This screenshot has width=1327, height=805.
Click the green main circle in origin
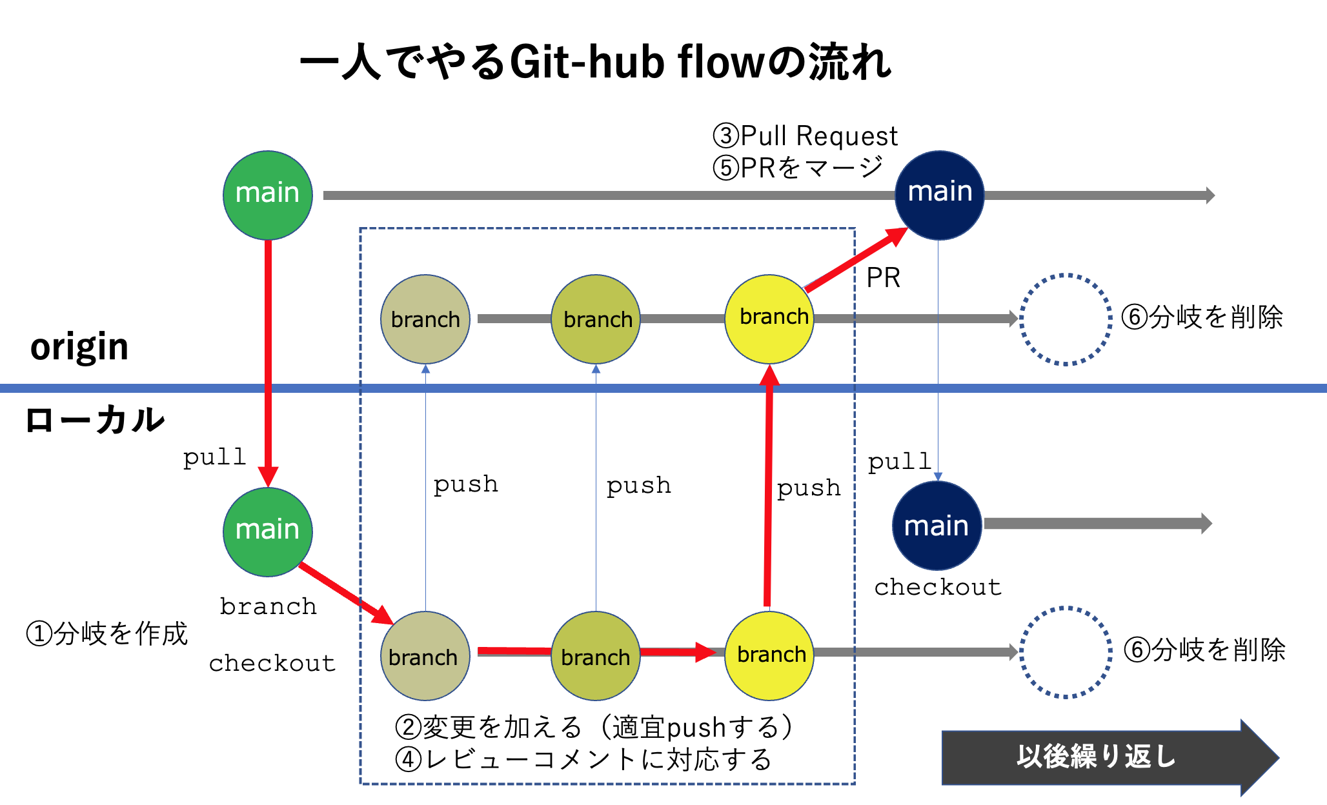tap(268, 195)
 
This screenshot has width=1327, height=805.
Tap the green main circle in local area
tap(268, 532)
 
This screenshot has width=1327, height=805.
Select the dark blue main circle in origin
tap(939, 195)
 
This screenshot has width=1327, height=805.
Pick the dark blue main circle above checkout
tap(937, 526)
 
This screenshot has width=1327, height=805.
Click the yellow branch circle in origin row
tap(769, 319)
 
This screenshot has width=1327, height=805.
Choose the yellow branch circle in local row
tap(769, 655)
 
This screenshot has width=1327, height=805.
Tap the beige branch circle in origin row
tap(425, 319)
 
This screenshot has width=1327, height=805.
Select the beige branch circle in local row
tap(425, 655)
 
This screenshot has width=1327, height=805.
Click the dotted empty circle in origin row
tap(1066, 319)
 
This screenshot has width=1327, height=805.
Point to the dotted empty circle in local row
tap(1066, 652)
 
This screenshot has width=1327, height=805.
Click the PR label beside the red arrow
tap(883, 278)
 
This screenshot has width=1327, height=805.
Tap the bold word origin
tap(79, 347)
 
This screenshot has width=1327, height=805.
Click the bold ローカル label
tap(95, 420)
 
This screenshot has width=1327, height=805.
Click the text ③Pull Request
tap(805, 136)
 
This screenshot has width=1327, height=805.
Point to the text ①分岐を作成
tap(106, 633)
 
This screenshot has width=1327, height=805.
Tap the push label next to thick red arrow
tap(809, 488)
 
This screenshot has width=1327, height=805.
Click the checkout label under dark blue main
tap(937, 587)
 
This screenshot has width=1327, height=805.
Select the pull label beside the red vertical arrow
tap(214, 457)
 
